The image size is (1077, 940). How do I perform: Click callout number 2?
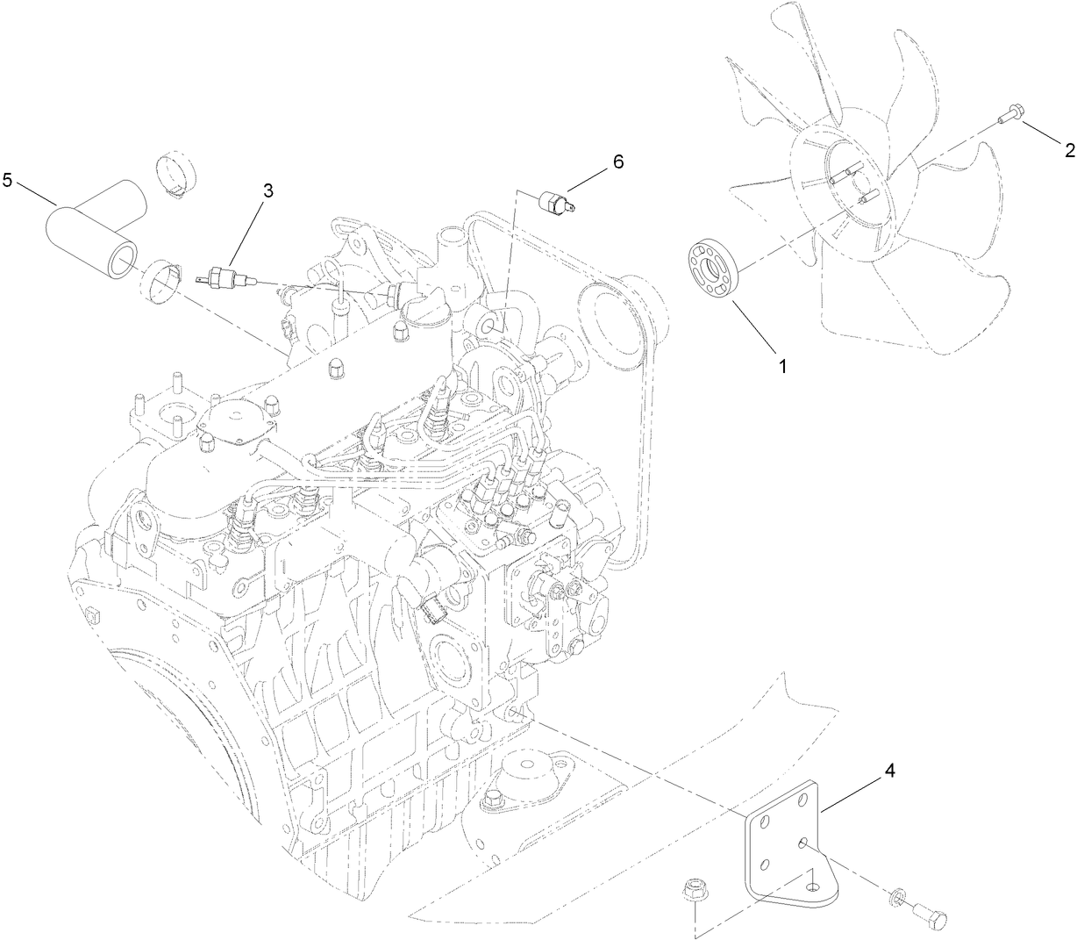1069,150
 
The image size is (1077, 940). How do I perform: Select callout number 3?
268,190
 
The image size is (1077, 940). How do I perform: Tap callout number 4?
889,771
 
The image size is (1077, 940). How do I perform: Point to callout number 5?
8,181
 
